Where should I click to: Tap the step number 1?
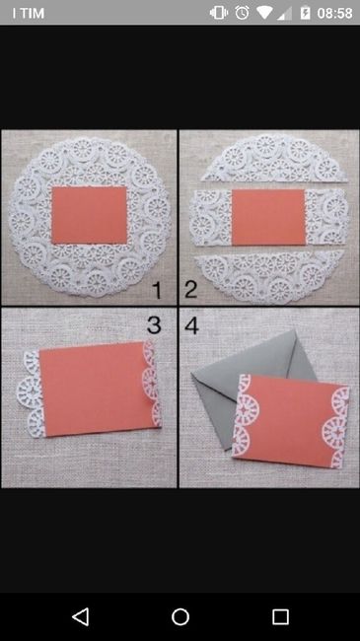(x=157, y=290)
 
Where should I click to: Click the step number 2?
(x=190, y=290)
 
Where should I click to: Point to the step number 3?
(x=154, y=325)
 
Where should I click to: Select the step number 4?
(x=191, y=325)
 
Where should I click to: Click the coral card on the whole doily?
(x=89, y=215)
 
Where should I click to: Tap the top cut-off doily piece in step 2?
(x=274, y=160)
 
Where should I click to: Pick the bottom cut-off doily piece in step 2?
(x=270, y=276)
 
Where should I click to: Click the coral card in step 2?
(x=269, y=217)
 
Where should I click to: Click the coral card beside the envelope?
(x=291, y=421)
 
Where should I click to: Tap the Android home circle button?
(x=180, y=617)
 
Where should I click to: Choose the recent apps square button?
(x=280, y=617)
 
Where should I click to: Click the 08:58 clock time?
(x=334, y=13)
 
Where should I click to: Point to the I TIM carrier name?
(x=28, y=13)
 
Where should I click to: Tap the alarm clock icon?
(x=242, y=13)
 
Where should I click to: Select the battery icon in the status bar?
(x=305, y=13)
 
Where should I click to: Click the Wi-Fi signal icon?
(x=264, y=13)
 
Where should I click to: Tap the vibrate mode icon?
(x=219, y=13)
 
